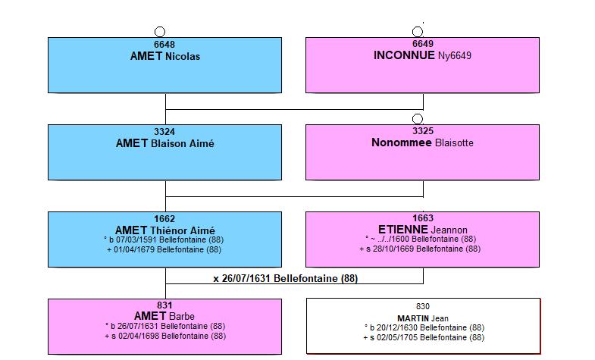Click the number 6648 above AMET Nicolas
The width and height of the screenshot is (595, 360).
[164, 45]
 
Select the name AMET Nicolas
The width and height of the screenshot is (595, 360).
[165, 56]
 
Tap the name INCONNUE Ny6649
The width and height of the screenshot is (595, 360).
[422, 55]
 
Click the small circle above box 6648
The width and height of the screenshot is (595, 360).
[160, 32]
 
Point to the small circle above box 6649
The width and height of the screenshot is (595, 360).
[418, 32]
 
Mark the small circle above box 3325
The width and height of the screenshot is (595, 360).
[418, 119]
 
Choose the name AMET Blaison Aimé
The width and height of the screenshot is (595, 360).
[165, 143]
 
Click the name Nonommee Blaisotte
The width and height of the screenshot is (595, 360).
[422, 142]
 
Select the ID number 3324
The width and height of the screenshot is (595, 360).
[164, 132]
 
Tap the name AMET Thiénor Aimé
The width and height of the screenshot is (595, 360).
[165, 230]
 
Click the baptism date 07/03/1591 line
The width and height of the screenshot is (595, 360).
[164, 239]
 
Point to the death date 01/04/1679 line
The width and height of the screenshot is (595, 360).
[164, 249]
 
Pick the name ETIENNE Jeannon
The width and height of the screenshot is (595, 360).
[423, 230]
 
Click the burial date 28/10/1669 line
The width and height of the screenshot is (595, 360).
[420, 249]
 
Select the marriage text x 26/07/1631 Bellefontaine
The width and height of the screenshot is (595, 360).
[285, 278]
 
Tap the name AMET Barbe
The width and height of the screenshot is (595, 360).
[164, 316]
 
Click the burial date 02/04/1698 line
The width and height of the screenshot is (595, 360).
[165, 336]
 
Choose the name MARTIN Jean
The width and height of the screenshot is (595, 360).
[423, 318]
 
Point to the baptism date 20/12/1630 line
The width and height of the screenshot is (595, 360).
[424, 327]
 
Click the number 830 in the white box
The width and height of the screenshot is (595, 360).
[423, 306]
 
